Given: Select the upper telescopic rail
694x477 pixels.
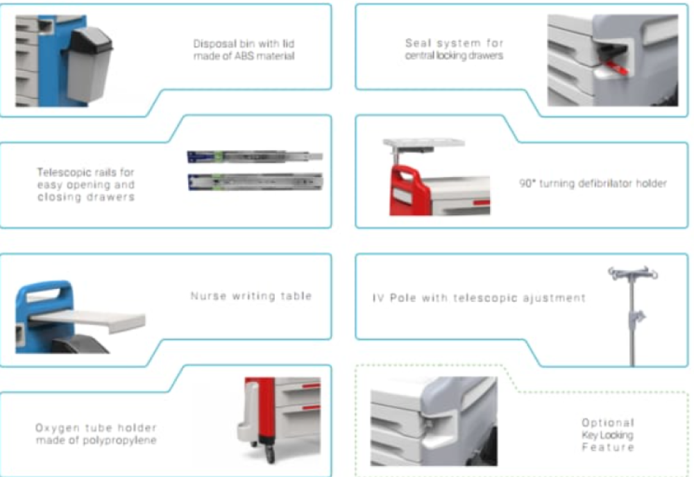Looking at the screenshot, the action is [x=255, y=157].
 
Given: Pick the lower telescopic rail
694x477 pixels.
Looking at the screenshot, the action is [x=255, y=182].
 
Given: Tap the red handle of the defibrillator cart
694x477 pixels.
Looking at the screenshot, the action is [x=408, y=190].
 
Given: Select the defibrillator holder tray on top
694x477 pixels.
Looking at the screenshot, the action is [x=423, y=144].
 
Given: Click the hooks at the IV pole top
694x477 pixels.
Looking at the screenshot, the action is [x=633, y=273].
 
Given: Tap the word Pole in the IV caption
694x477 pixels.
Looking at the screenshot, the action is [x=403, y=298].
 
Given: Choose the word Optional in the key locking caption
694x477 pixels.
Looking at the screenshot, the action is [x=608, y=423].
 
